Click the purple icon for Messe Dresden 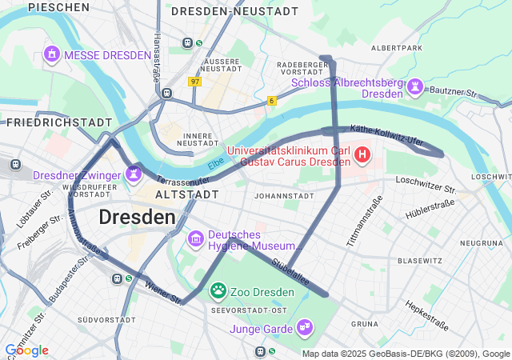[x=52, y=54]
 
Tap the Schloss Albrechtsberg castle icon [x=415, y=86]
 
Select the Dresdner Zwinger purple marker [x=133, y=173]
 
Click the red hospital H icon [x=362, y=154]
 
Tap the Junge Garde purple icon [x=304, y=326]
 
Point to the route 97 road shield [x=195, y=82]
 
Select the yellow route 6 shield [x=272, y=100]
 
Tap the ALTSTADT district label [x=186, y=194]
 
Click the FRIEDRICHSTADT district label [x=59, y=122]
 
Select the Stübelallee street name [x=290, y=267]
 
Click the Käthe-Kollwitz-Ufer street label [x=386, y=134]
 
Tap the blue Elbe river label [x=216, y=163]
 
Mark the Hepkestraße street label [x=426, y=315]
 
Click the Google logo [x=26, y=350]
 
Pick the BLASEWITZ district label [x=419, y=261]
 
